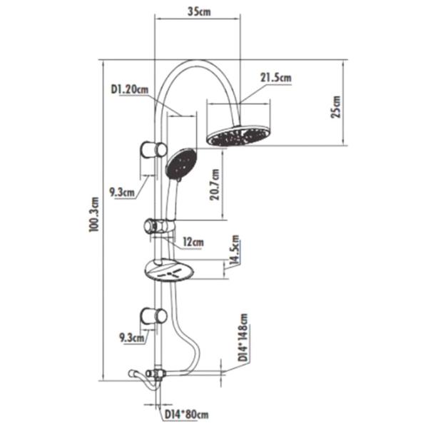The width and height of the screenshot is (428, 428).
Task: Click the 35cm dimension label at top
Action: [x=199, y=11]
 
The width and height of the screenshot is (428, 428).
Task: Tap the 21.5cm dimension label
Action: [x=275, y=78]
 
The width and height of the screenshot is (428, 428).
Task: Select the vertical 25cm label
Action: [x=336, y=107]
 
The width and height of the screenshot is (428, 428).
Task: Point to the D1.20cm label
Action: [x=130, y=89]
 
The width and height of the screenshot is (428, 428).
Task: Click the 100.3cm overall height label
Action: [x=94, y=214]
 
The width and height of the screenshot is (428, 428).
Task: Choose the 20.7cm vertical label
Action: [x=215, y=185]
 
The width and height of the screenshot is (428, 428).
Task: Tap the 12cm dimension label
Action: [x=193, y=242]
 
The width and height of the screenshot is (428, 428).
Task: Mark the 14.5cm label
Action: [x=235, y=250]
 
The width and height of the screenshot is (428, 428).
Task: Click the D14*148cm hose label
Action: [x=243, y=337]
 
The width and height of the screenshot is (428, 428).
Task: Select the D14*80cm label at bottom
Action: [x=186, y=415]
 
